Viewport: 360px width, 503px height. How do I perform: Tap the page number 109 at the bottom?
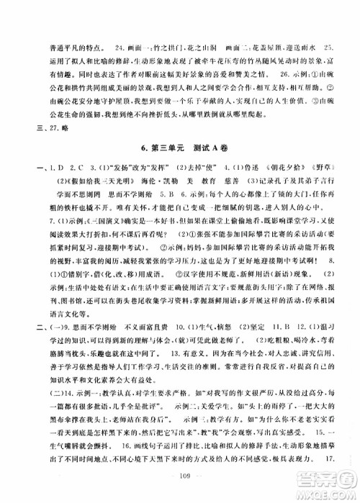[x=181, y=476]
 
